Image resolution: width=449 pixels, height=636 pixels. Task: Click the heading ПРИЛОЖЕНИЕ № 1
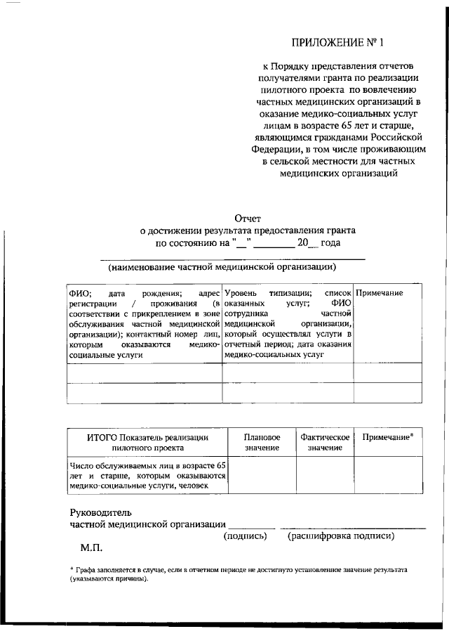coord(339,41)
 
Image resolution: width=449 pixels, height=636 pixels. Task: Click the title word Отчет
coord(248,218)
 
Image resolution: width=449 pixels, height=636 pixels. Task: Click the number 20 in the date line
coord(303,243)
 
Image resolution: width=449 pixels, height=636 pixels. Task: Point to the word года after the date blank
coord(331,243)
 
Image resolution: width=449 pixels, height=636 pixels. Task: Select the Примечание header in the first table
coord(380,292)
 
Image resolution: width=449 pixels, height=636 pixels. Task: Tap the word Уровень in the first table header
coord(241,292)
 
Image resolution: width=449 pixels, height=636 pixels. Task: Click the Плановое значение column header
coord(262,441)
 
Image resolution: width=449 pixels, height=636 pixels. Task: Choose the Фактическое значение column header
coord(325,441)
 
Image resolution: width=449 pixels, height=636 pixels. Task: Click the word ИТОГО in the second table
coord(103,437)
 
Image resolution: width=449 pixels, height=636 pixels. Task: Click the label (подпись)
coord(245,536)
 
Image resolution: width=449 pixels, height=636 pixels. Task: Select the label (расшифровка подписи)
coord(340,536)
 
